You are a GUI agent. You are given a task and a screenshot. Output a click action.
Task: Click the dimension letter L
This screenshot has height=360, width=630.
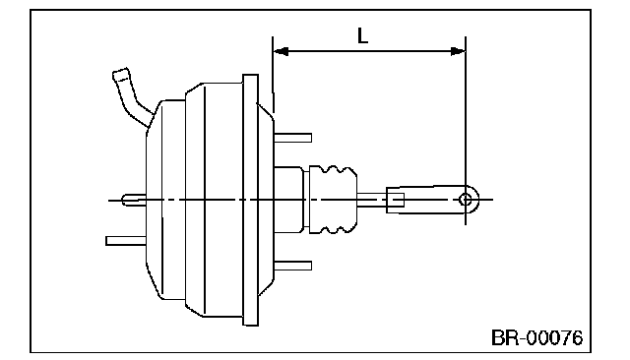tap(362, 35)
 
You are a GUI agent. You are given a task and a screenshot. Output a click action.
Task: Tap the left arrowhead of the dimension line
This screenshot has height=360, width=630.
tap(281, 51)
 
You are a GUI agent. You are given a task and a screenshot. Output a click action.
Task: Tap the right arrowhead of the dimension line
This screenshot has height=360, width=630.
tap(458, 51)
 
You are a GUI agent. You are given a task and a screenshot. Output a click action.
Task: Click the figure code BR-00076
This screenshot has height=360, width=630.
tap(536, 338)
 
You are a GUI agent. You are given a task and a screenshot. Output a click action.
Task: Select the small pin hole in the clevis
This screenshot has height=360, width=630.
tap(466, 199)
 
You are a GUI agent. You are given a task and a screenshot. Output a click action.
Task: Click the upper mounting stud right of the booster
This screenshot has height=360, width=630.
tap(293, 138)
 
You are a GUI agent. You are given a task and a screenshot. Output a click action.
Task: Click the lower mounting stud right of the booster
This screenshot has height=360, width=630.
tap(293, 266)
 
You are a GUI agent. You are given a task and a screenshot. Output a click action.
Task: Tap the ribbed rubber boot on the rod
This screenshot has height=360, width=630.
tap(333, 199)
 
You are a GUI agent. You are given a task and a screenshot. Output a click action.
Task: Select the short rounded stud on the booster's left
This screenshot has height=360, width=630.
tap(134, 200)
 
